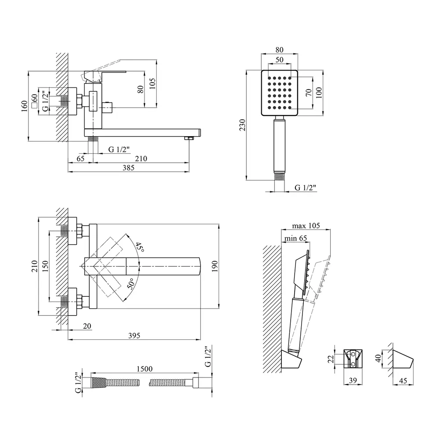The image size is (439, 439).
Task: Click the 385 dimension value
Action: pyautogui.click(x=128, y=168)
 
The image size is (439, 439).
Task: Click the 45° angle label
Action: pyautogui.click(x=139, y=248)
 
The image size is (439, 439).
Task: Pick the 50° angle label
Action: pyautogui.click(x=131, y=284)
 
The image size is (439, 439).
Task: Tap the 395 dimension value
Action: pyautogui.click(x=134, y=335)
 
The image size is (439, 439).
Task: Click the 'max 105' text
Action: pyautogui.click(x=306, y=226)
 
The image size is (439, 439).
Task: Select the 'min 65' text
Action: pyautogui.click(x=295, y=238)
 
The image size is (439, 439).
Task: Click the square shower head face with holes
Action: pyautogui.click(x=280, y=93)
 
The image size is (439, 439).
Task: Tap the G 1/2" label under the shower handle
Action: pyautogui.click(x=305, y=188)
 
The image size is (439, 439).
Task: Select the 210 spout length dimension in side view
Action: pyautogui.click(x=141, y=158)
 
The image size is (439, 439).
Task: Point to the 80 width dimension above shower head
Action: pyautogui.click(x=280, y=50)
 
